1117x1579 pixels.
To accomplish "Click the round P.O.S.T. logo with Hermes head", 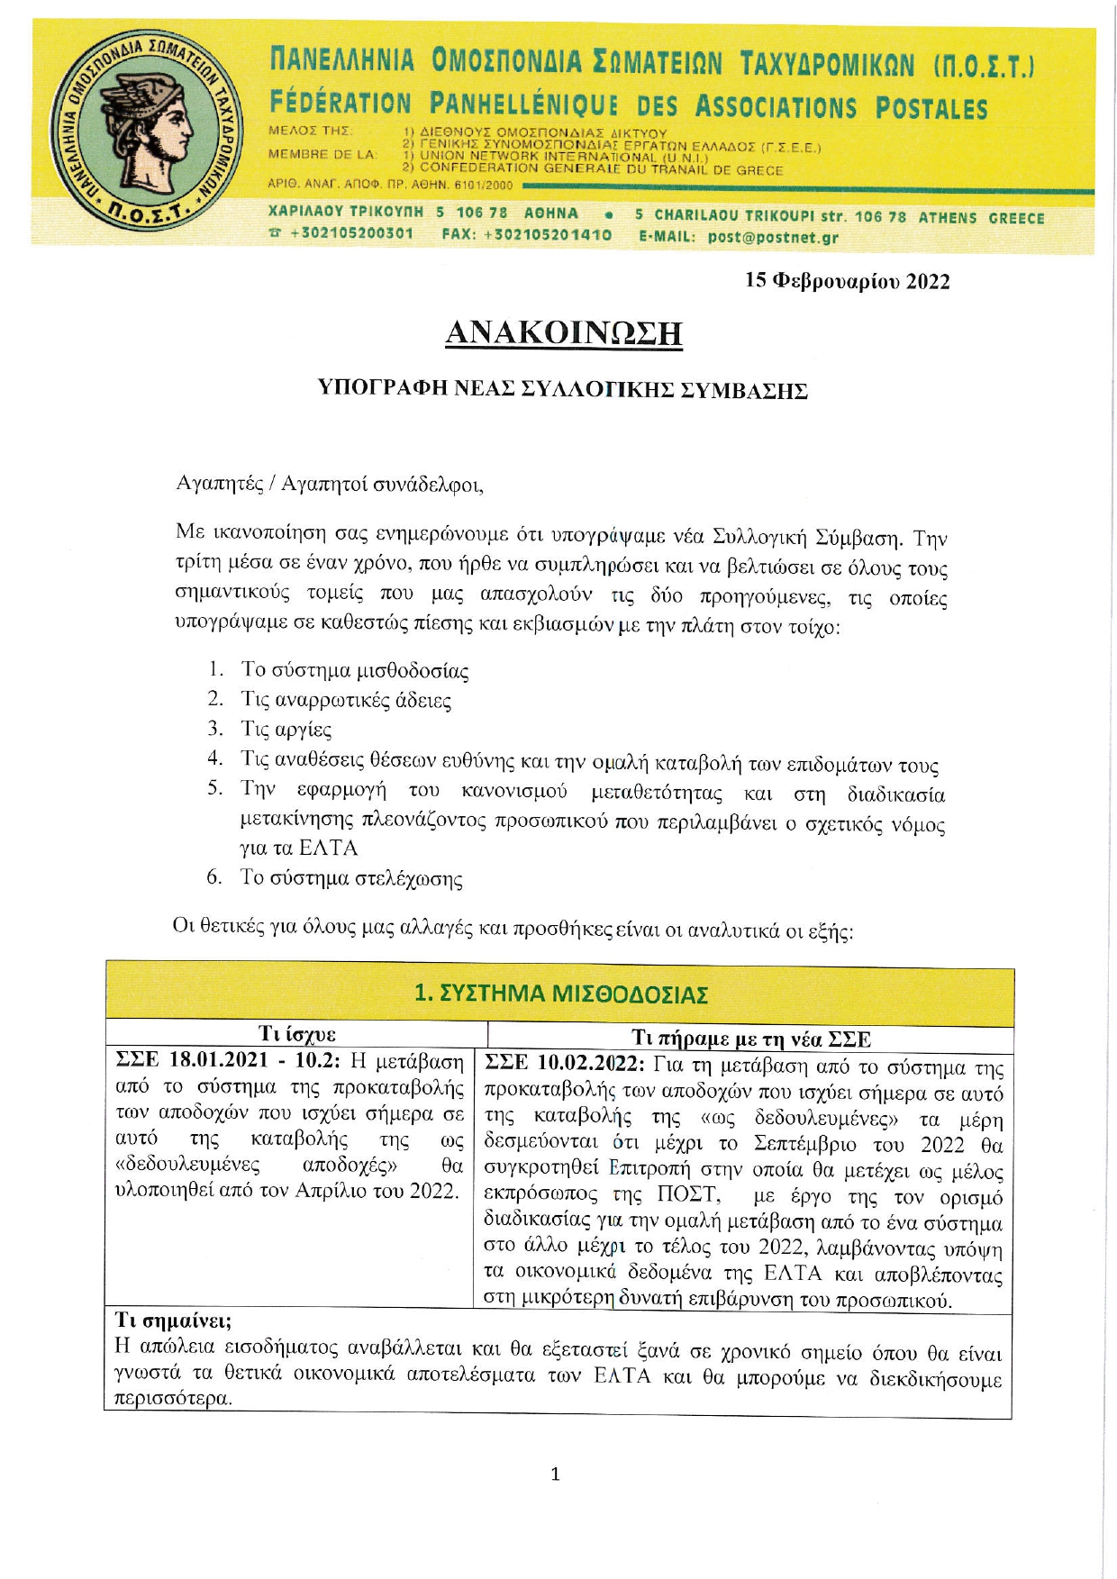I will [143, 132].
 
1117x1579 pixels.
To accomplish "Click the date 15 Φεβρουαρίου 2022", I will [847, 281].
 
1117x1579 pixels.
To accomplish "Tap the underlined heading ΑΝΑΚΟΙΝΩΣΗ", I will [564, 333].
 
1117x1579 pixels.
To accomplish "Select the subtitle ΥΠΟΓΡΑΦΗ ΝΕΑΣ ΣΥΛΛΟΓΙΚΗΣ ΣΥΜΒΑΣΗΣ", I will [563, 389].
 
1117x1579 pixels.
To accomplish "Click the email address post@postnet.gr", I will [773, 238].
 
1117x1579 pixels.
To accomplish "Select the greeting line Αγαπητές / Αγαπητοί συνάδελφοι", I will [330, 484].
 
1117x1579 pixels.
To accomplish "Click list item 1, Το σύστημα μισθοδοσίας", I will [354, 670].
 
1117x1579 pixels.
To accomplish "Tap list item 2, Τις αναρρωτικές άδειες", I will [345, 700].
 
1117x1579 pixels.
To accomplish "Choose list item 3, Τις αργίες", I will [286, 729].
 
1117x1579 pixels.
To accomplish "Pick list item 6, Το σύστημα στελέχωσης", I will [350, 877].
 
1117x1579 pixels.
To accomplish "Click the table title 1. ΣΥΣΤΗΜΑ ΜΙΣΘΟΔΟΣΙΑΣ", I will [560, 994].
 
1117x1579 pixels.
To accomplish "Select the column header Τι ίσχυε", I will [296, 1033].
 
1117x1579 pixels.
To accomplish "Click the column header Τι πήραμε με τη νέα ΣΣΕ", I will [750, 1039].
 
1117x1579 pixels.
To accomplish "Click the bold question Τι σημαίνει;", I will [173, 1320].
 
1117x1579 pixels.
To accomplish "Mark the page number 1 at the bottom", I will [555, 1475].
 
